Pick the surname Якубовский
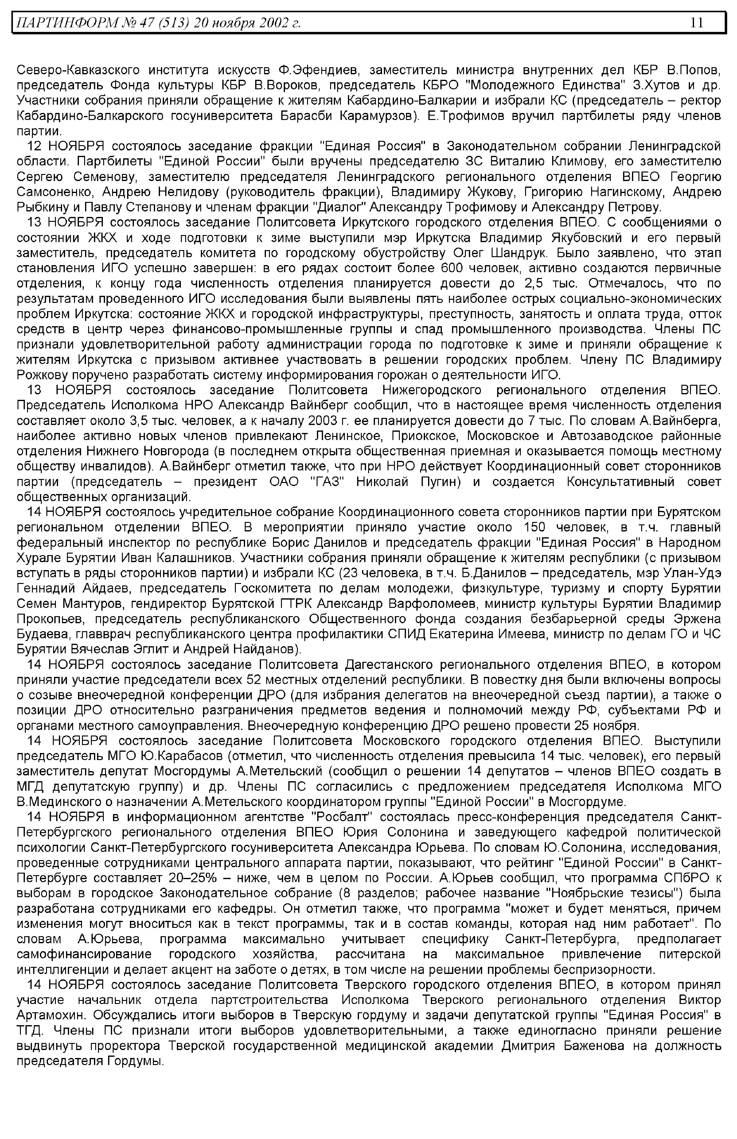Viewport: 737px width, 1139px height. pos(585,238)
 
